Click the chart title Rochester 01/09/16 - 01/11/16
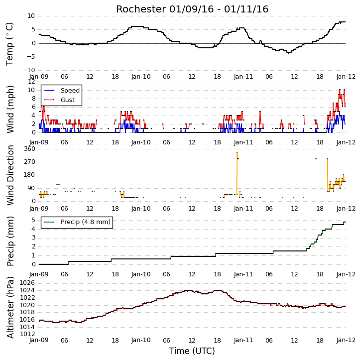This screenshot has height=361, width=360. point(192,9)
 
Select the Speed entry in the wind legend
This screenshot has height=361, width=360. point(70,91)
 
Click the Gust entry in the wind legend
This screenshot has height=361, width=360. point(68,100)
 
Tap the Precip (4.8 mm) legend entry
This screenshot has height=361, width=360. point(86,222)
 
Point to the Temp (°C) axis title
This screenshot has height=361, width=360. point(9,44)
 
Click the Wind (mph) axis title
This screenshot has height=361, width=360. point(10,110)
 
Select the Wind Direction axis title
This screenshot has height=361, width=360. point(10,175)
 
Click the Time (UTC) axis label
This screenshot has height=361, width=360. point(192,351)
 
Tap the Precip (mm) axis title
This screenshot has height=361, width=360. point(10,241)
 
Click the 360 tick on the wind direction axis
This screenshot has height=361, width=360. point(30,149)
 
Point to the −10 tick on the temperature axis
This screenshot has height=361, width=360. point(29,70)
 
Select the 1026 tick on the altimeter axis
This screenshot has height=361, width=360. point(27,283)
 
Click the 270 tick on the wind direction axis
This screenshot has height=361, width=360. point(30,162)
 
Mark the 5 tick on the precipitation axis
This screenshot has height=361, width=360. point(33,220)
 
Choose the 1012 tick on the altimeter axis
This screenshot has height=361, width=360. point(27,334)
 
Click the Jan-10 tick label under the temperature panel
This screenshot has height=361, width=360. point(141,77)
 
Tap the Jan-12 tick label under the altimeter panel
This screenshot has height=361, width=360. point(346,340)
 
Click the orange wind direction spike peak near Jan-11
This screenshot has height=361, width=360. point(237,152)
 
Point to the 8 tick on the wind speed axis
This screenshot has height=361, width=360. point(33,99)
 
